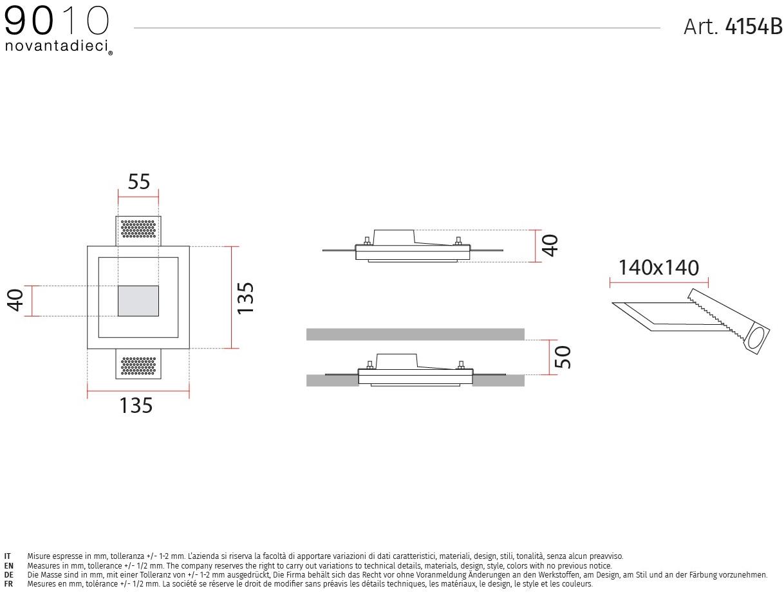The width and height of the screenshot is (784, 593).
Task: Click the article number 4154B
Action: [753, 26]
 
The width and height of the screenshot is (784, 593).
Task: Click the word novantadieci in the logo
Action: [57, 46]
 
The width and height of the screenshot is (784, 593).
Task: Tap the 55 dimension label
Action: [138, 181]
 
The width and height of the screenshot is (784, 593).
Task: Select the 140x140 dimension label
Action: [658, 268]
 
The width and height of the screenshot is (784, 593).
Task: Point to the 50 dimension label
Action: [562, 357]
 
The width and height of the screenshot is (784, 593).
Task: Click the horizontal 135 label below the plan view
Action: [136, 405]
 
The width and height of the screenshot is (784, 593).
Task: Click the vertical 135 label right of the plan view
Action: [245, 298]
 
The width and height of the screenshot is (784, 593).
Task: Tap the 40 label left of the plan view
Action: [15, 300]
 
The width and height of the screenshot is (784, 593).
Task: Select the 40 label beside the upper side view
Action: [550, 246]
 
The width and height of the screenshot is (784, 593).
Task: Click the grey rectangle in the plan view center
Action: [138, 301]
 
